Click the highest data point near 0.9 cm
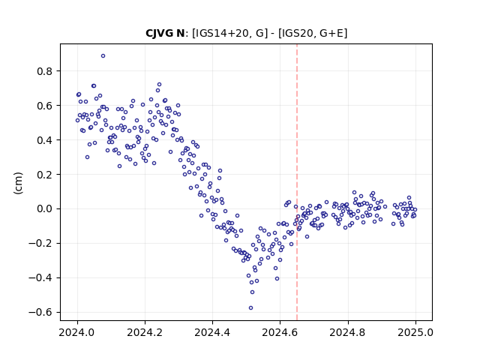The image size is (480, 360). tap(103, 56)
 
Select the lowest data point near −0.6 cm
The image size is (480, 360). tap(250, 308)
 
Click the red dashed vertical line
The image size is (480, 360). tap(297, 182)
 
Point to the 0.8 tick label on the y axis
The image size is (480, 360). tap(45, 71)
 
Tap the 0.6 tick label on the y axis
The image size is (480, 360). tap(45, 106)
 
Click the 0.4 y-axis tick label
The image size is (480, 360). tap(45, 140)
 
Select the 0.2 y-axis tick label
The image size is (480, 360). tap(45, 175)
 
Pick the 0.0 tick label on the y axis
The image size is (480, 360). tap(45, 209)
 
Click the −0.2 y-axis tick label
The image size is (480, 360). tap(40, 244)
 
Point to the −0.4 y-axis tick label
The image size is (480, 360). tap(40, 278)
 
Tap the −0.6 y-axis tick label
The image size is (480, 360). tap(40, 313)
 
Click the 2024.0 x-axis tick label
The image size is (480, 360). tap(77, 332)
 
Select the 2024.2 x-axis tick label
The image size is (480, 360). tap(145, 332)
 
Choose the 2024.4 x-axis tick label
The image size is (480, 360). tap(212, 332)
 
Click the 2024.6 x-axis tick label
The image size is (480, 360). tap(280, 332)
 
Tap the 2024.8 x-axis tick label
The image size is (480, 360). tap(348, 332)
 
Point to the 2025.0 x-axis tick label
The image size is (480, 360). tap(415, 332)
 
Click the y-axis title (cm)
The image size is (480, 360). tap(18, 183)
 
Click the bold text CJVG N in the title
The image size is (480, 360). tap(165, 33)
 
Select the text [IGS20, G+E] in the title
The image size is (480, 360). tap(313, 33)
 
